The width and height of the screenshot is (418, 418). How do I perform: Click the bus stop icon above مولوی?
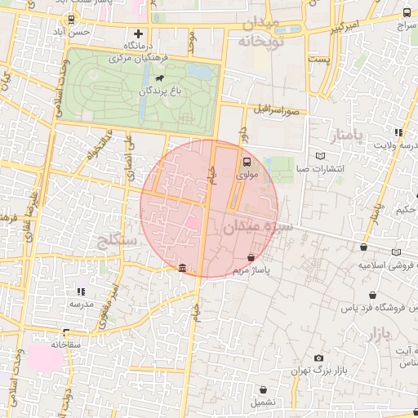247,161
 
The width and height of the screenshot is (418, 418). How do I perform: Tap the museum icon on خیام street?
181,268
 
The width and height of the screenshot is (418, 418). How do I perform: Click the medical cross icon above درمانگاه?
138,34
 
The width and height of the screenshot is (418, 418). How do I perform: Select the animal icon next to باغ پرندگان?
157,80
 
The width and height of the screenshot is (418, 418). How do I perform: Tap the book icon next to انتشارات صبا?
319,155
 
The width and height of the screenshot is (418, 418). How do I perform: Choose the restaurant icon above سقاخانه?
65,332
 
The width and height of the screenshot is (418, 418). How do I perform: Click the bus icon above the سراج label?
407,13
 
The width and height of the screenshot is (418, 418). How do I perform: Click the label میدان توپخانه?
260,31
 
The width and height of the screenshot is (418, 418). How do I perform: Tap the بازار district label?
380,332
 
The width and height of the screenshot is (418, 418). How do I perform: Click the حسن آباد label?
91,32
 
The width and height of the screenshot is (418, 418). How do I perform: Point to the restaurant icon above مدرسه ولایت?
398,132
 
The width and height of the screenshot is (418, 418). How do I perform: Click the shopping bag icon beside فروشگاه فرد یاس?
372,295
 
